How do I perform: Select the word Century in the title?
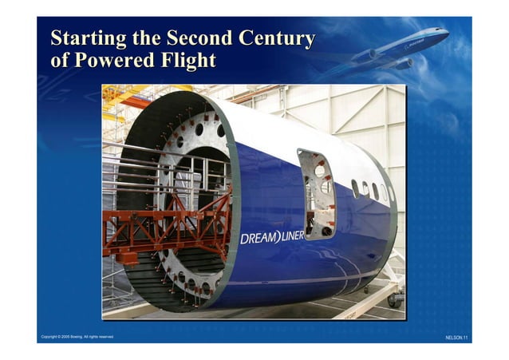coord(278,38)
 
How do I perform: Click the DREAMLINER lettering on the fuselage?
coord(272,238)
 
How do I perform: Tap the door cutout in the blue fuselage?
coord(317,194)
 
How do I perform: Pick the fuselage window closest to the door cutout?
coord(354,189)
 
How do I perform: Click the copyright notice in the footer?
coord(77,337)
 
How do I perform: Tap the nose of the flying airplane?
coord(444,33)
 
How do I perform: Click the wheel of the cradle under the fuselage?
coord(393,301)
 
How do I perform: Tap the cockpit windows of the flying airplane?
coord(438,31)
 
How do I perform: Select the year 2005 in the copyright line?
coord(61,337)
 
